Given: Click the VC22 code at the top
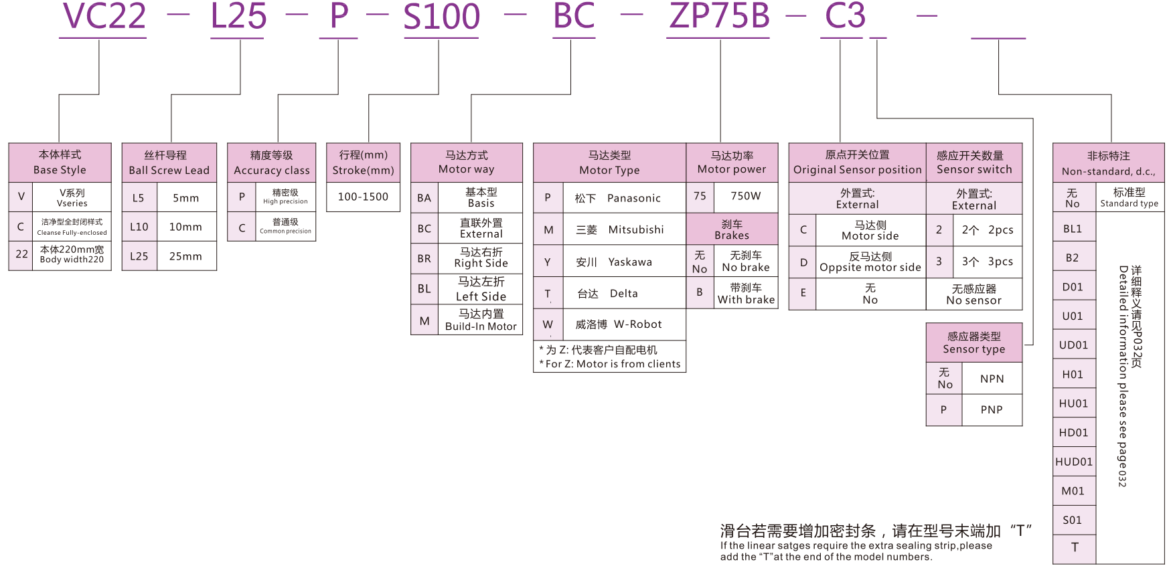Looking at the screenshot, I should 104,17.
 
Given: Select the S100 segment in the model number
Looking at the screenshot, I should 441,17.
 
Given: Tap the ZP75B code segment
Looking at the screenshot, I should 719,17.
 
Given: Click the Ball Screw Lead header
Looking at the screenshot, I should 169,163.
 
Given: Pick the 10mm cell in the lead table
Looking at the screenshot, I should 185,227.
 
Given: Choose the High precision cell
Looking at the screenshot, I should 285,197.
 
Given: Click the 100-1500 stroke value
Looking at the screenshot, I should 363,197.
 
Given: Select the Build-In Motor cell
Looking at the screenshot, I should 481,320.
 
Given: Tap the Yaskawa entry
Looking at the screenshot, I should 614,262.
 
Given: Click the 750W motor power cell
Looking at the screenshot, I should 745,196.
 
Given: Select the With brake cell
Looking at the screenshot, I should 746,294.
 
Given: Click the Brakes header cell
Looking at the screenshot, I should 732,229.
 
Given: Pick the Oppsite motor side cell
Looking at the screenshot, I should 870,262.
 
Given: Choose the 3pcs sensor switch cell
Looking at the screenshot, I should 987,262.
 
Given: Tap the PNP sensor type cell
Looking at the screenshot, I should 992,409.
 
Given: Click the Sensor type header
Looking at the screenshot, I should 974,343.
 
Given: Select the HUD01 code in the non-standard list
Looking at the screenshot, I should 1074,462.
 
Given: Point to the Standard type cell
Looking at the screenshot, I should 1129,197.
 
